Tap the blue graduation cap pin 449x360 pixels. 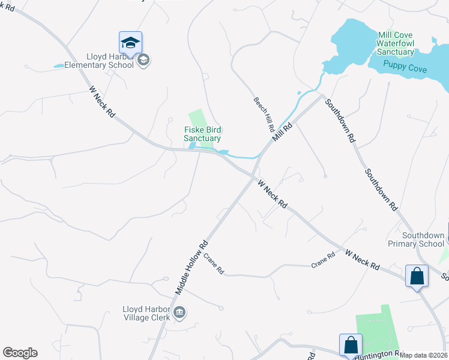[x=130, y=42]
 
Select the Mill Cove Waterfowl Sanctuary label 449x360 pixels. [x=396, y=44]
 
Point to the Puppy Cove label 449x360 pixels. [x=406, y=69]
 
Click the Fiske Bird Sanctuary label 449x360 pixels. [x=202, y=134]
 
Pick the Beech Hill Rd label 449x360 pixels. [x=264, y=115]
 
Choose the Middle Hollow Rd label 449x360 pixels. [x=191, y=267]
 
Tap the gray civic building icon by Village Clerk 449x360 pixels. [x=179, y=312]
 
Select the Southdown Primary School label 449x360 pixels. [x=423, y=240]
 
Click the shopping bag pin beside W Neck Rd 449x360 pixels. [x=417, y=276]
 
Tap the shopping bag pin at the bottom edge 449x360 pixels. [x=351, y=345]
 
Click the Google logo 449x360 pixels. [x=20, y=353]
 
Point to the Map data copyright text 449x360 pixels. [x=424, y=355]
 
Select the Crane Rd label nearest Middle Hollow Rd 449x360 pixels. [x=213, y=263]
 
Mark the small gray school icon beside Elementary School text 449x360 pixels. [x=143, y=60]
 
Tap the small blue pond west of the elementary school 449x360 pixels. [x=59, y=65]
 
